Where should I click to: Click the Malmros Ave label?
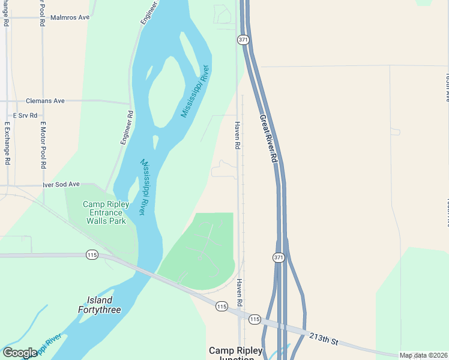[x=70, y=17]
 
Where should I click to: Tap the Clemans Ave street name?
[x=45, y=101]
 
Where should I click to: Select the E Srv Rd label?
[x=25, y=115]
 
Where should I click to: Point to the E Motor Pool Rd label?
[x=43, y=144]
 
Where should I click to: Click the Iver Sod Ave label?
[x=61, y=185]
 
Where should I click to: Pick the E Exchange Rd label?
[x=7, y=144]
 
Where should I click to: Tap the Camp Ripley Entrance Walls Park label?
[x=106, y=212]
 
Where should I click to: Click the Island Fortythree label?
[x=100, y=305]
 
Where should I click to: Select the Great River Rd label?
[x=268, y=139]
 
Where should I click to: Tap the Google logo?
[x=20, y=353]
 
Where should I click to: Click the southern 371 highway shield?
[x=278, y=257]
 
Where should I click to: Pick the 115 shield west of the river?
[x=92, y=255]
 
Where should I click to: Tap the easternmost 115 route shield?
[x=255, y=319]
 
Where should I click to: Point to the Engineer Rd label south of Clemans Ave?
[x=126, y=127]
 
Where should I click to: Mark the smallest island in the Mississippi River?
[x=155, y=142]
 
